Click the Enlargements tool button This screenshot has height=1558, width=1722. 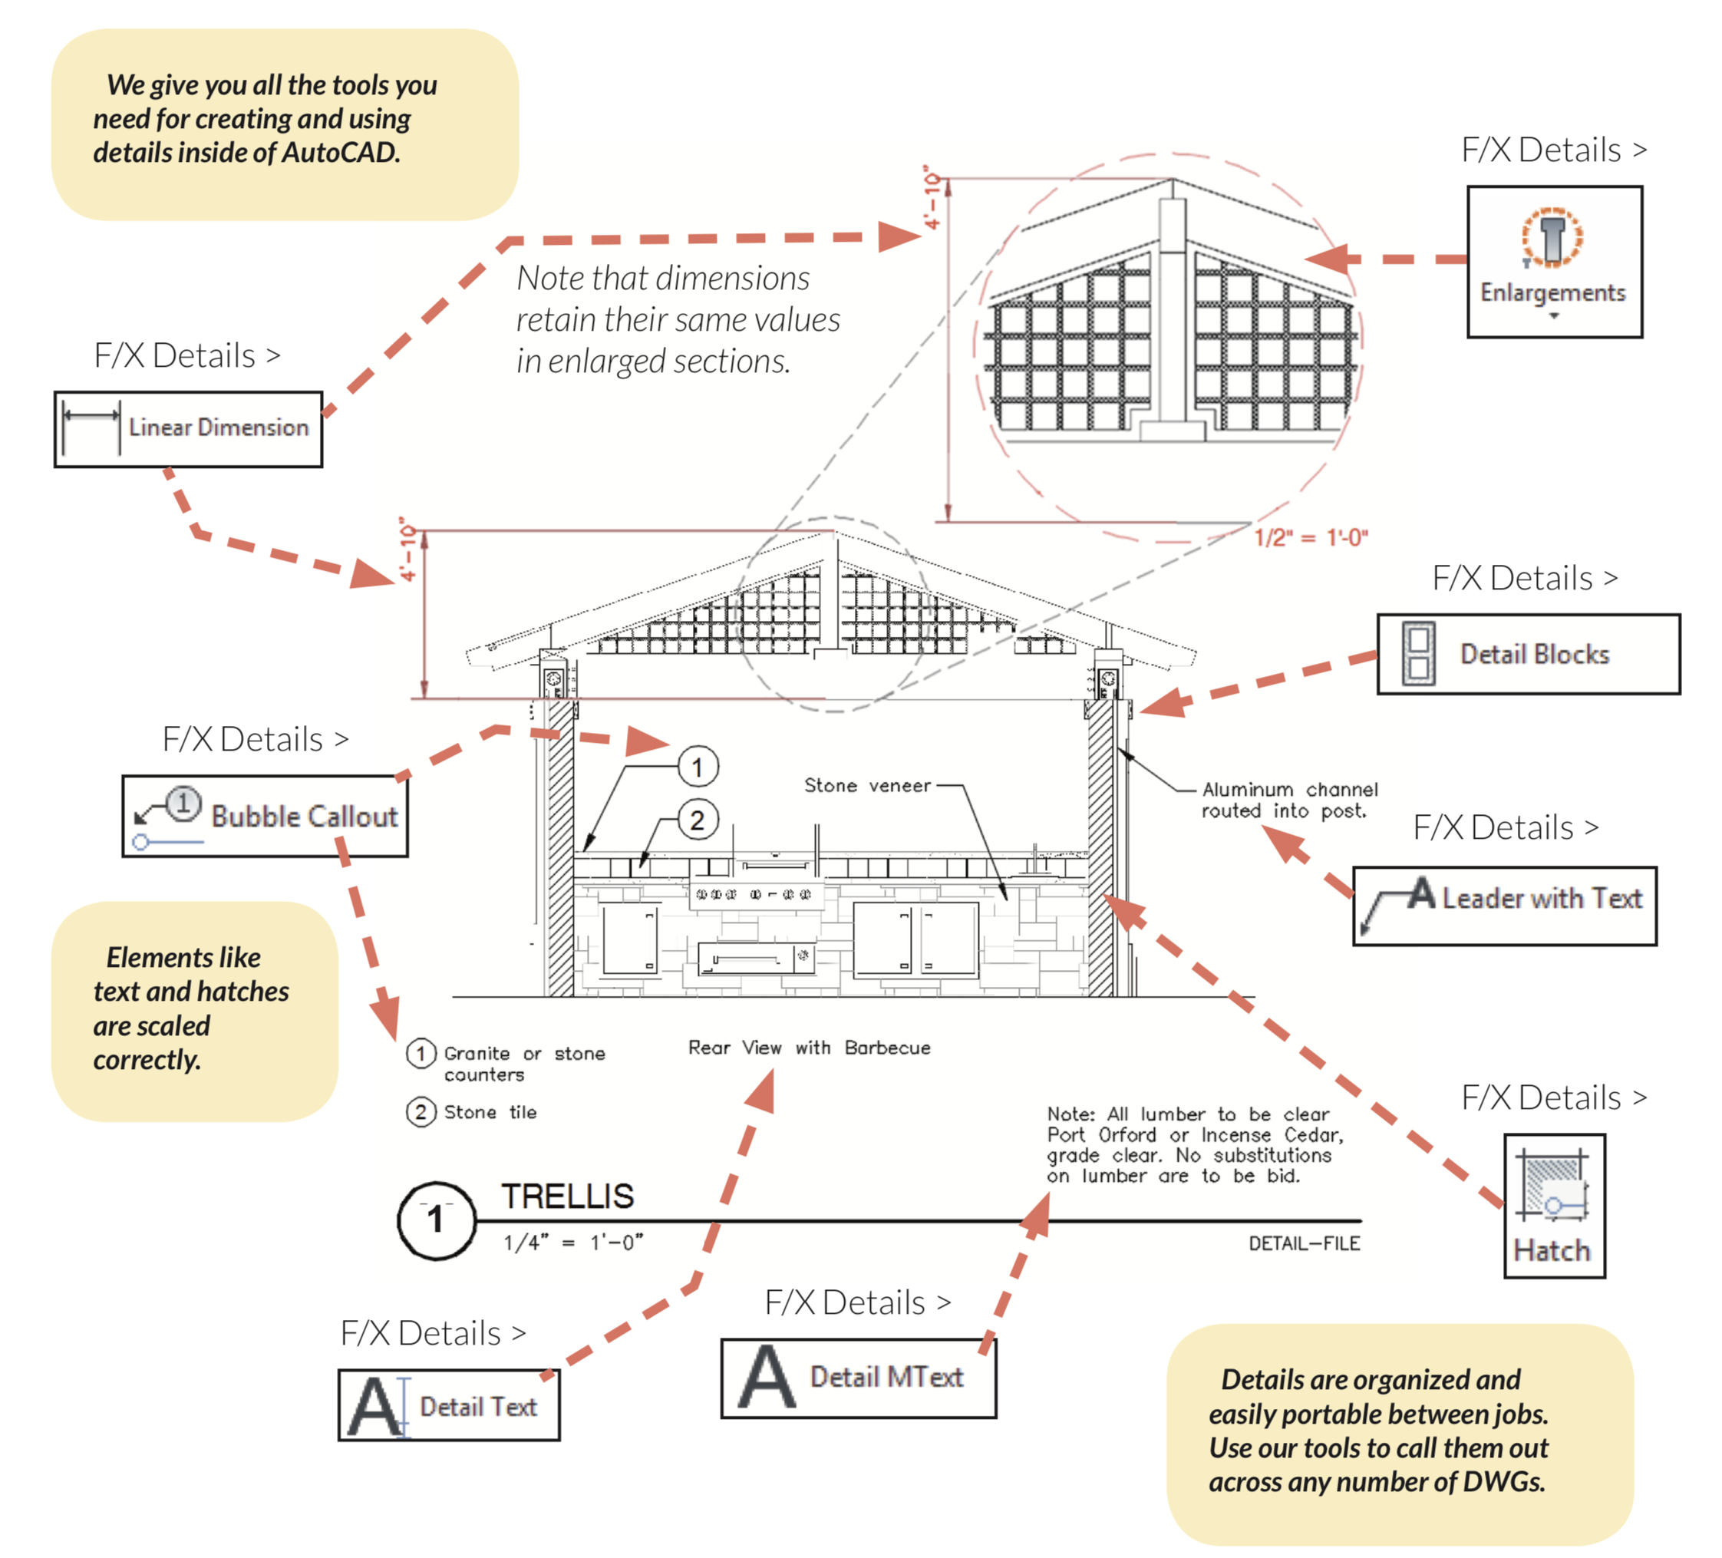1554,262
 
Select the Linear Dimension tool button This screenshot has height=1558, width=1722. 188,429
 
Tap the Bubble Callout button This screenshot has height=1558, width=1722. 265,816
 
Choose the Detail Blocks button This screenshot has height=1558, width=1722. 1527,655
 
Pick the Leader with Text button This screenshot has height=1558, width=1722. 1504,906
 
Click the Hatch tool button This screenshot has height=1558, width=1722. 1554,1205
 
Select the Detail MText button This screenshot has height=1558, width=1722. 859,1378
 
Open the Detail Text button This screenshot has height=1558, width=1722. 448,1405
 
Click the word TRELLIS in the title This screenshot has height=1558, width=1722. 567,1196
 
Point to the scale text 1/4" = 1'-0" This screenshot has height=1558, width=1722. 572,1242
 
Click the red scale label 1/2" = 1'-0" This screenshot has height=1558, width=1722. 1310,538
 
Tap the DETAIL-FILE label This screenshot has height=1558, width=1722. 1304,1243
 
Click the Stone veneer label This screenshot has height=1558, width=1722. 867,786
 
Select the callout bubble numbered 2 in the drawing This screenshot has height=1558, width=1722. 698,820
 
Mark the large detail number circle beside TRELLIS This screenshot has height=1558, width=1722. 437,1220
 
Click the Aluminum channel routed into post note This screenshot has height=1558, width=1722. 1289,800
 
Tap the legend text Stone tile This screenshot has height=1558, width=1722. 490,1112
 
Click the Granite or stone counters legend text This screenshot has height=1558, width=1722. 523,1064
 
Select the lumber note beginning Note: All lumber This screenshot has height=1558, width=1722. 1194,1144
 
